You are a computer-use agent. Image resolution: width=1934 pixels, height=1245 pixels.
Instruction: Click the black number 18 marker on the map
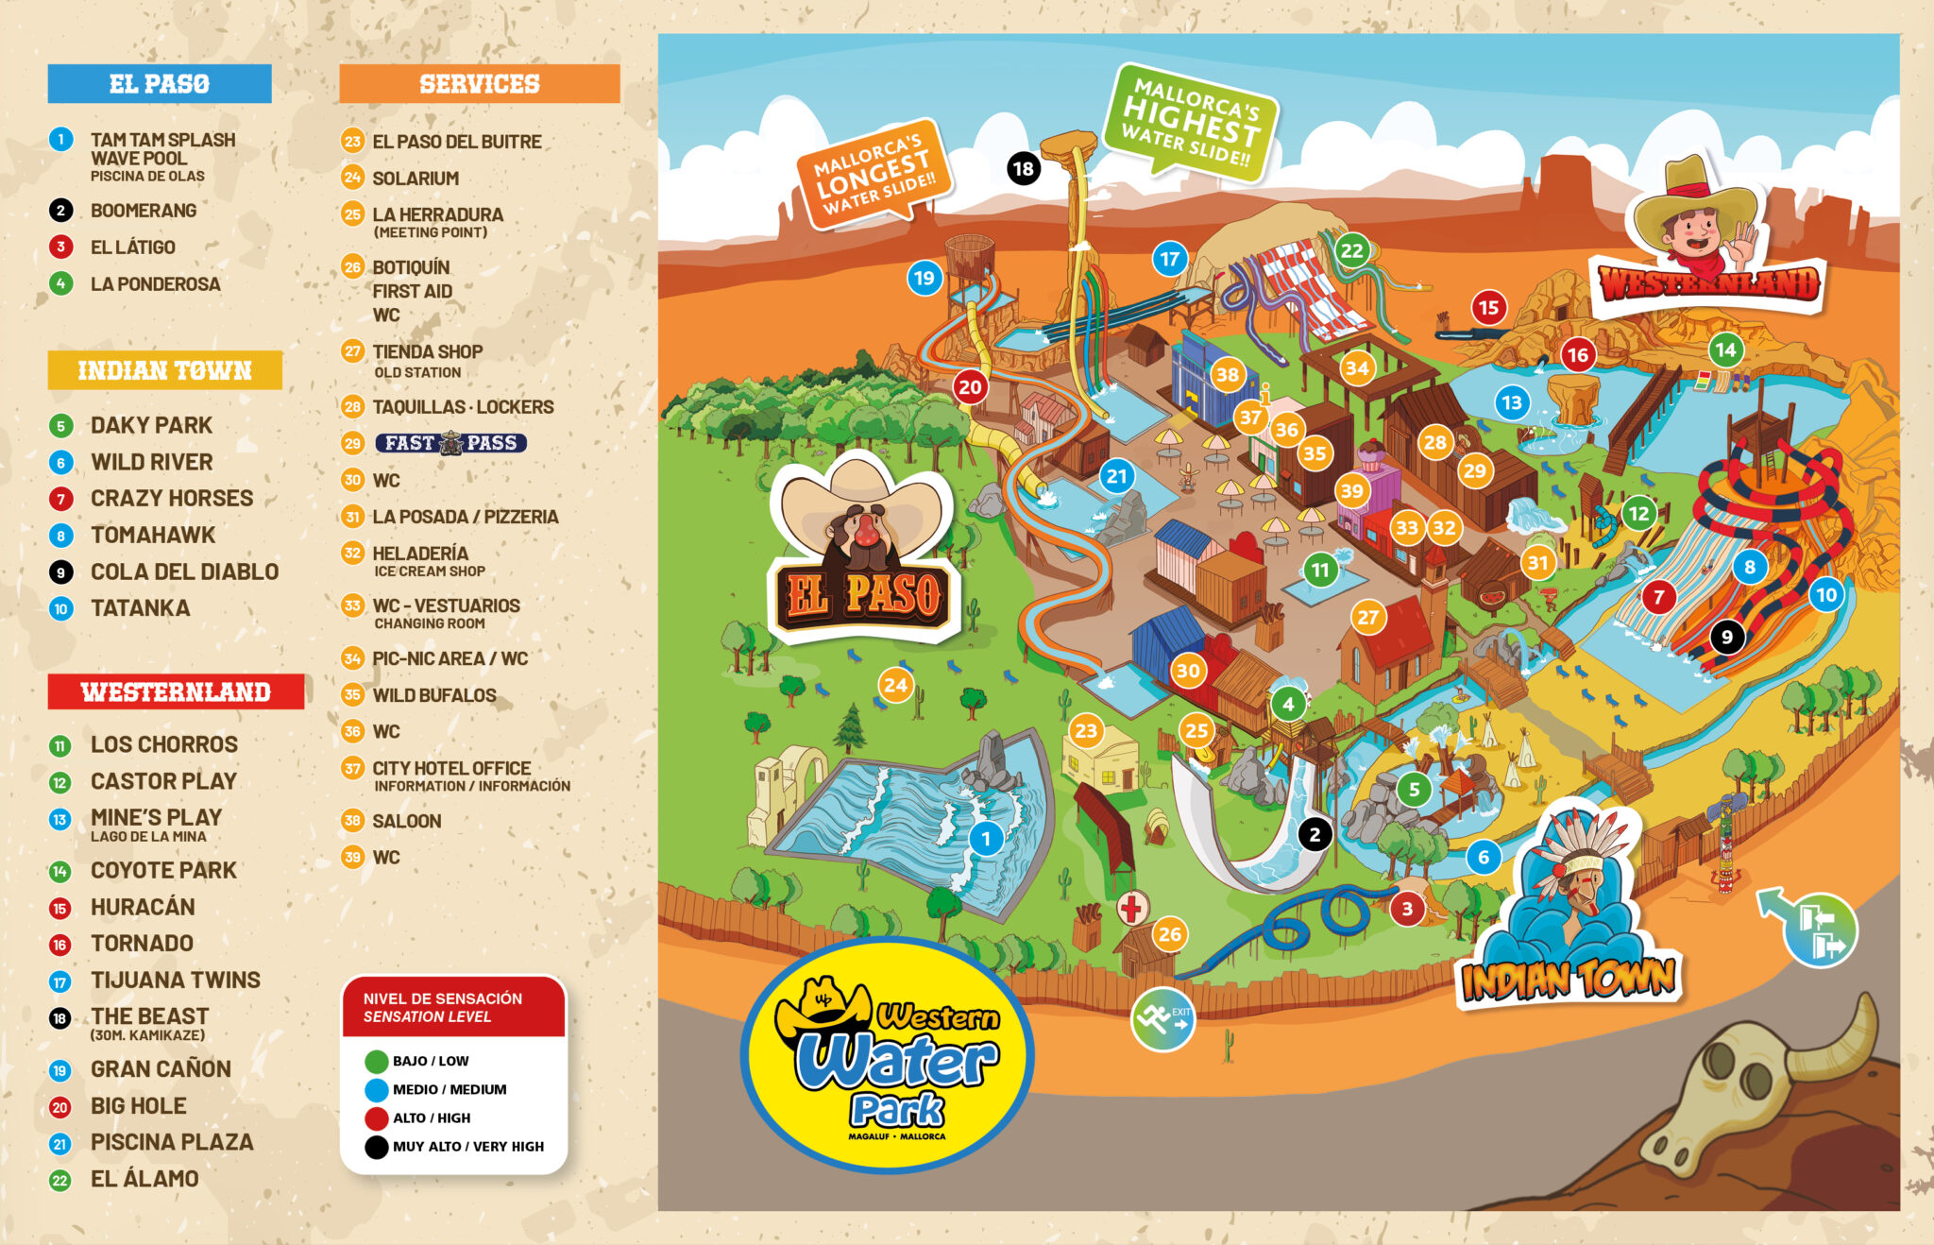point(1023,169)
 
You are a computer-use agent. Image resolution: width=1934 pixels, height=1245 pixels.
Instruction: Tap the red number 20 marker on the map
point(970,386)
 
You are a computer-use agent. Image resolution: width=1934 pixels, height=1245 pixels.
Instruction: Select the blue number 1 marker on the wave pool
point(986,838)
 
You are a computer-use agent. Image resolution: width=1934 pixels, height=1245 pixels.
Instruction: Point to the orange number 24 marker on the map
point(895,685)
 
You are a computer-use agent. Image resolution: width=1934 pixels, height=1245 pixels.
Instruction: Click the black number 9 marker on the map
point(1727,637)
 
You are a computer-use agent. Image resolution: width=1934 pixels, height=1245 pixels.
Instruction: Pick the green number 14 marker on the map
point(1725,350)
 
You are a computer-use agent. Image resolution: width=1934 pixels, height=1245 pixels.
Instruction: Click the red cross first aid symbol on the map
point(1132,909)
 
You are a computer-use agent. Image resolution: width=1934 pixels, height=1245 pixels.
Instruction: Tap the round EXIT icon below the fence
point(1162,1018)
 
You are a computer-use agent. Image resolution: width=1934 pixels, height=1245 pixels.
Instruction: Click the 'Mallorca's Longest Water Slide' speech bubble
point(874,171)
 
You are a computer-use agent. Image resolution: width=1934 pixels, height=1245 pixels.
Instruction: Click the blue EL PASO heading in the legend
point(160,84)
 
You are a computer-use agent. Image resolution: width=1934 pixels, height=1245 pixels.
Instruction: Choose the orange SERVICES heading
point(480,84)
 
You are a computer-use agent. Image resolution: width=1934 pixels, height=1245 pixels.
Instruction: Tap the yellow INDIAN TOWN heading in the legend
point(165,370)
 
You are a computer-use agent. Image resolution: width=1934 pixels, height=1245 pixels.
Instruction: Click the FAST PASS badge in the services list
point(450,443)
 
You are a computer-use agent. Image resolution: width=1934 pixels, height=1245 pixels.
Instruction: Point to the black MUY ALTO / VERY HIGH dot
point(377,1147)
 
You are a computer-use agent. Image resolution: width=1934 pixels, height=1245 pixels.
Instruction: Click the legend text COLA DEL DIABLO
point(184,571)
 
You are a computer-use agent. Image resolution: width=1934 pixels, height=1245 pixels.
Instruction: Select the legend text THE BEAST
point(149,1016)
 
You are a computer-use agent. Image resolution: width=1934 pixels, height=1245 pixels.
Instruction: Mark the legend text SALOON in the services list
point(406,821)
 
